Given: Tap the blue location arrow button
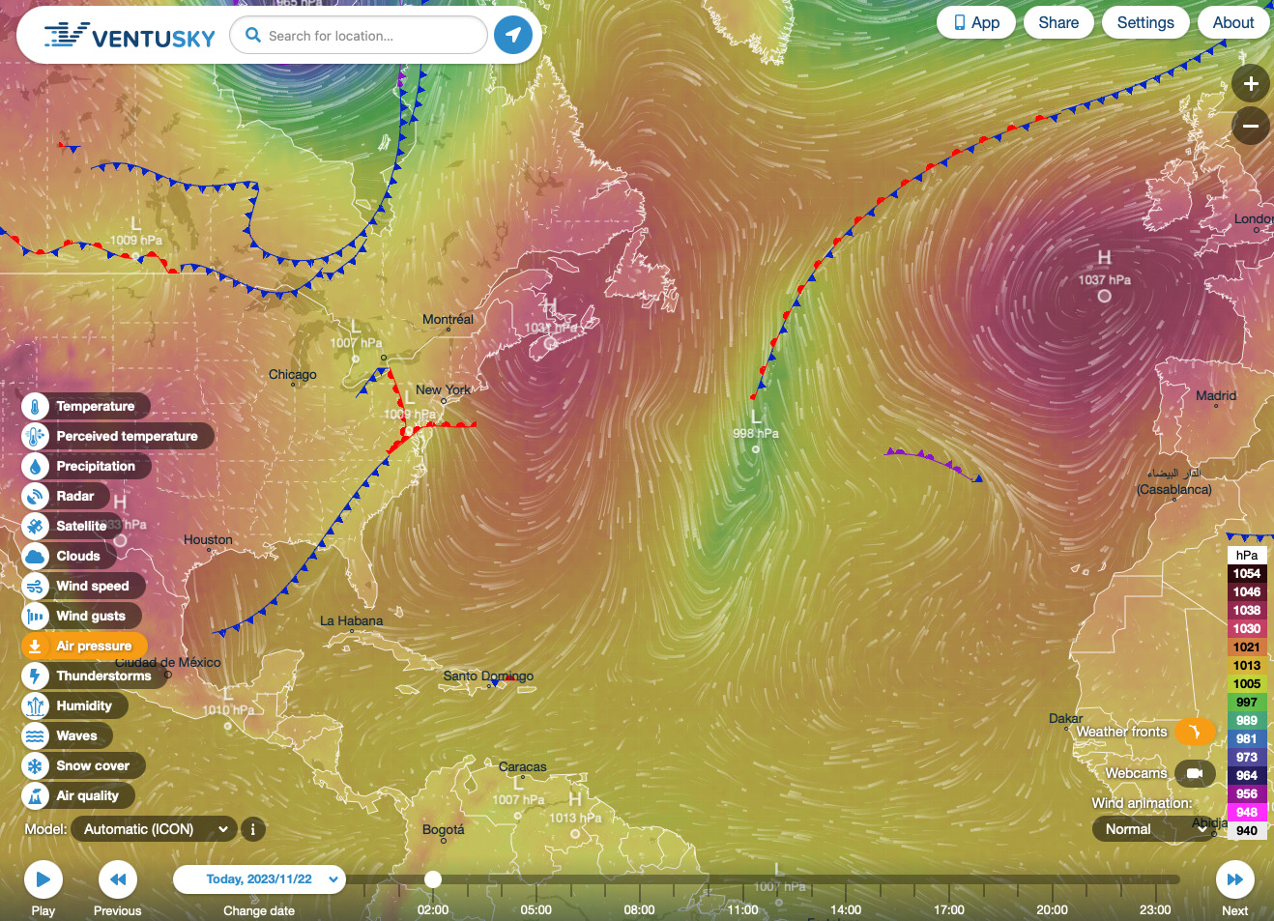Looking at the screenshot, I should coord(513,36).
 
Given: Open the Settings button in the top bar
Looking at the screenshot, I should coord(1145,22).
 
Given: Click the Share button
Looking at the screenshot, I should coord(1058,22).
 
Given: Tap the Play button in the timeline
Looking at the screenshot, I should coord(43,879).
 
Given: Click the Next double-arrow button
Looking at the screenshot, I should coord(1234,879).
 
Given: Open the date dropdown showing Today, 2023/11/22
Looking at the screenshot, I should coord(259,879).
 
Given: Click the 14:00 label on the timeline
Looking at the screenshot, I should coord(846,909).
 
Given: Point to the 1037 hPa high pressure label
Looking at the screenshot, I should coord(1105,280).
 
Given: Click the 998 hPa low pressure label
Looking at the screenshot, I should coord(756,433).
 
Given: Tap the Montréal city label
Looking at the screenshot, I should coord(448,320).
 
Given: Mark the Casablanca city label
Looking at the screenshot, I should coord(1174,489).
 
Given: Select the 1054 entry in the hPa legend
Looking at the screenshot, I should coord(1247,574).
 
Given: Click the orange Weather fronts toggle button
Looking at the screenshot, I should coord(1195,732).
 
